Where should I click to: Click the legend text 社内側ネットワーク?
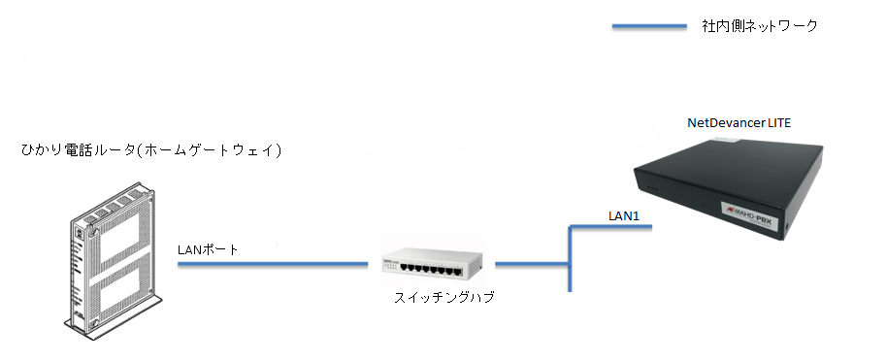point(760,26)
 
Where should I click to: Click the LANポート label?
point(208,249)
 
